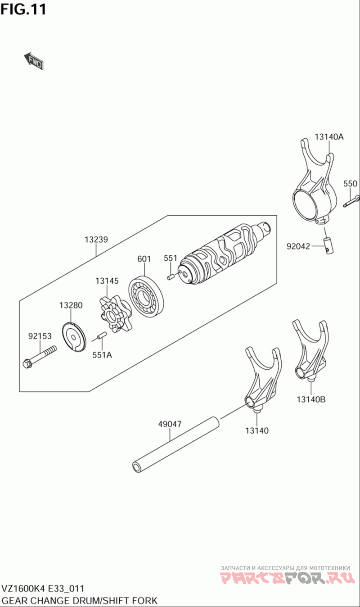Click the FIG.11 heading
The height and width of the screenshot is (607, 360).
pos(23,9)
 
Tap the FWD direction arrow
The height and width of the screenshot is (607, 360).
pos(34,61)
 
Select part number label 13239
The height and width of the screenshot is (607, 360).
pos(96,240)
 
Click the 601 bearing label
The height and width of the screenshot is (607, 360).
pos(144,259)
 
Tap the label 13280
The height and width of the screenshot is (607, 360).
pos(71,305)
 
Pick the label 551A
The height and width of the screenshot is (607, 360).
pos(102,354)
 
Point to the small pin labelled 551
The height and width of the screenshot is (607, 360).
pos(171,276)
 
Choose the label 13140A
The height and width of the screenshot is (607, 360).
pos(329,137)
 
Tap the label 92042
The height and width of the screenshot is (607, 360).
pos(299,246)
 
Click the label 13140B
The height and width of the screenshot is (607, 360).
pos(311,399)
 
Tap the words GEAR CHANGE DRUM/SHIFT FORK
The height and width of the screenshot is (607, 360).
pos(80,600)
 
